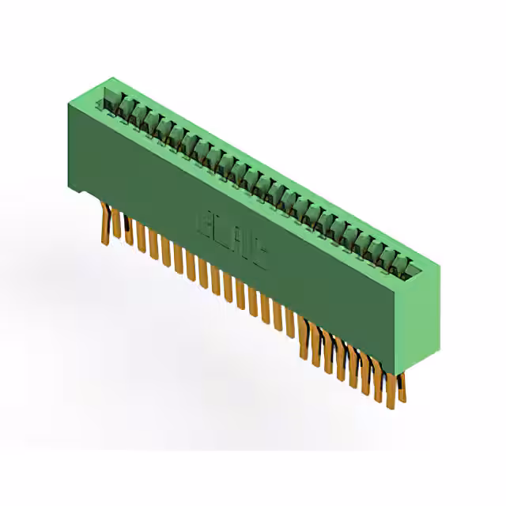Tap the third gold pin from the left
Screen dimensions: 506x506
(129, 235)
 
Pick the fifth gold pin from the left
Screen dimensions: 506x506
(153, 246)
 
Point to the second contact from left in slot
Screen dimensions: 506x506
(126, 110)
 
